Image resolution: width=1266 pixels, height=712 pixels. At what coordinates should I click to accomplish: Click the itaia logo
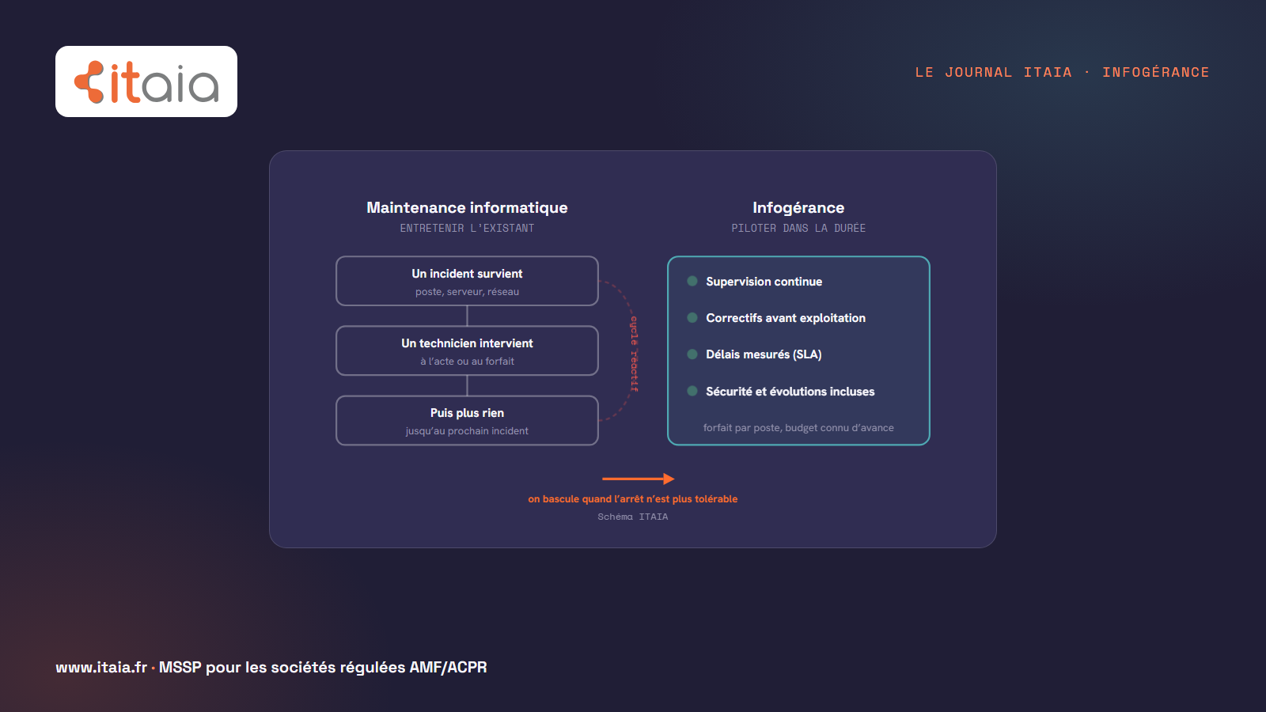click(146, 81)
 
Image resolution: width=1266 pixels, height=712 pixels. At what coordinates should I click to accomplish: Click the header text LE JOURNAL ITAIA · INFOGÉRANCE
click(1062, 72)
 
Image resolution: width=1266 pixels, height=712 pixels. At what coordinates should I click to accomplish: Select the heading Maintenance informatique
click(467, 207)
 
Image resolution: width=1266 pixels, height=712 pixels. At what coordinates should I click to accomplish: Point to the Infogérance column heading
click(798, 207)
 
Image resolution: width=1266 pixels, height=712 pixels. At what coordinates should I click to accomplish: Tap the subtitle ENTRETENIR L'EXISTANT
click(467, 228)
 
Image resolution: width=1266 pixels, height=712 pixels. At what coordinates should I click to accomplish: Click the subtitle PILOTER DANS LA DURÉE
click(798, 228)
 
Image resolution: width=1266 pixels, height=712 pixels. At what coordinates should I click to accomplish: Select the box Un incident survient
click(467, 281)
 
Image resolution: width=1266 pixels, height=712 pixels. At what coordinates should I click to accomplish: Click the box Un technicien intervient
click(467, 350)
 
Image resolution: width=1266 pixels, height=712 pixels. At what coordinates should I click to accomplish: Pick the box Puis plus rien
click(467, 420)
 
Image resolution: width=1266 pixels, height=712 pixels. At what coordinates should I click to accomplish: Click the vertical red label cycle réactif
click(634, 354)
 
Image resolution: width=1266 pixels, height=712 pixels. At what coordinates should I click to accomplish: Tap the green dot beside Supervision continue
click(692, 281)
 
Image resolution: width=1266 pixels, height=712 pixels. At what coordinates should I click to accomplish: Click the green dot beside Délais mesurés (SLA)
click(692, 354)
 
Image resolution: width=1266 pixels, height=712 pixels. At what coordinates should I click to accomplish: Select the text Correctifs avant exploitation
click(786, 317)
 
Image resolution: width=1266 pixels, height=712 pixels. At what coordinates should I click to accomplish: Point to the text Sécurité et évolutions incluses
click(790, 391)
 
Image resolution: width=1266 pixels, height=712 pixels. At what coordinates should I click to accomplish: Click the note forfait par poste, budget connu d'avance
click(798, 428)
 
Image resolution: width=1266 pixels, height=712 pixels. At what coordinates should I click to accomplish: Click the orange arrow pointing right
click(639, 479)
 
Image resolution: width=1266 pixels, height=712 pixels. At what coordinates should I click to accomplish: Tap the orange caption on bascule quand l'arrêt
click(632, 499)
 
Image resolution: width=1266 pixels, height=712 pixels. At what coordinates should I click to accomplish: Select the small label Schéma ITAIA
click(632, 517)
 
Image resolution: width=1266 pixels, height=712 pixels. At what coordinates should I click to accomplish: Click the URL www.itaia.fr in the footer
click(101, 668)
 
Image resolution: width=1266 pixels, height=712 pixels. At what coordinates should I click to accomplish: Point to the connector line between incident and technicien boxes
click(467, 316)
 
